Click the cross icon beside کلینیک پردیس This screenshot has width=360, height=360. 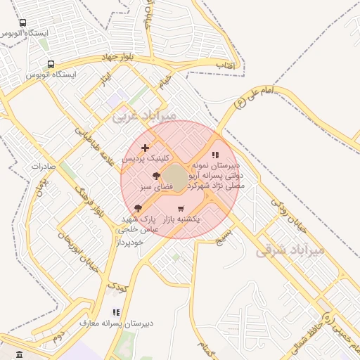click(x=146, y=148)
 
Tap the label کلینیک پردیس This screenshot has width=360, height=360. click(x=141, y=160)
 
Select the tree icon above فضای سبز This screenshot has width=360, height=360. click(x=156, y=176)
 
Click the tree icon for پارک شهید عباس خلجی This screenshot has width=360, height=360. click(x=138, y=208)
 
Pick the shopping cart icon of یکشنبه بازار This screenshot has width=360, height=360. click(x=181, y=208)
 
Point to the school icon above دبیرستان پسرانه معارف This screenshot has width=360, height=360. click(x=116, y=312)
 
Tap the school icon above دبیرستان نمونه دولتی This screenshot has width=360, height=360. click(x=215, y=155)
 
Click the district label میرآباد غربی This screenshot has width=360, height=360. click(x=145, y=115)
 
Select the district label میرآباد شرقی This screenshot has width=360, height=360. click(x=290, y=250)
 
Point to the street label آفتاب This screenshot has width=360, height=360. click(x=224, y=65)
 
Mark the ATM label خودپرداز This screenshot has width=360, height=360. click(x=129, y=241)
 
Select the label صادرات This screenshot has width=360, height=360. click(x=43, y=167)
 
